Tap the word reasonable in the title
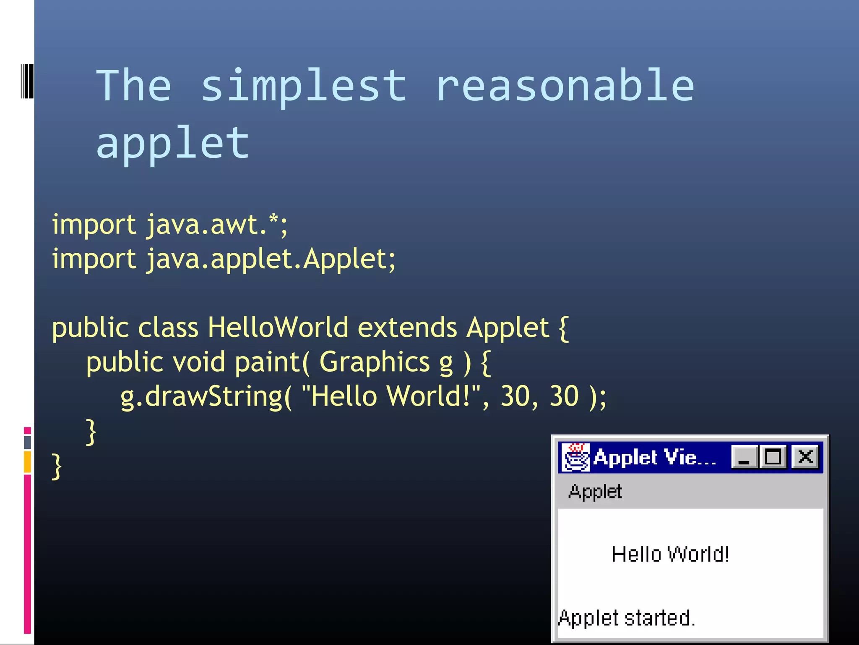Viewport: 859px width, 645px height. tap(565, 86)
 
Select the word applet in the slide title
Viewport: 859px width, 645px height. tap(173, 144)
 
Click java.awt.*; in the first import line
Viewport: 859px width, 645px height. tap(217, 225)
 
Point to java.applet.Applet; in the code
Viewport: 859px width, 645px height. tap(271, 259)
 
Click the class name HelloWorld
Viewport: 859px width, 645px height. tap(278, 328)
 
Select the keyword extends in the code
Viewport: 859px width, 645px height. tap(407, 328)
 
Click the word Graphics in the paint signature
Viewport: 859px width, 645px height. tap(375, 362)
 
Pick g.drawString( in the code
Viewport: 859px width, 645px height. tap(206, 396)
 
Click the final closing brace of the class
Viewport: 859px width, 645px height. tap(57, 466)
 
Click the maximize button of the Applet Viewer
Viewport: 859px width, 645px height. tap(773, 457)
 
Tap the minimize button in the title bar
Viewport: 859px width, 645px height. tap(744, 457)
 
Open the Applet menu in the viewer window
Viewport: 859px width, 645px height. tap(595, 491)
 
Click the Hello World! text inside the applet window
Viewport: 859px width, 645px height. tap(670, 554)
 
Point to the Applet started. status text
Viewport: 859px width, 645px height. tap(627, 618)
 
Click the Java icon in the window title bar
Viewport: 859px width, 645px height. tap(575, 457)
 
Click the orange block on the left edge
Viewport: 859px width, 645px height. tap(27, 461)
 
